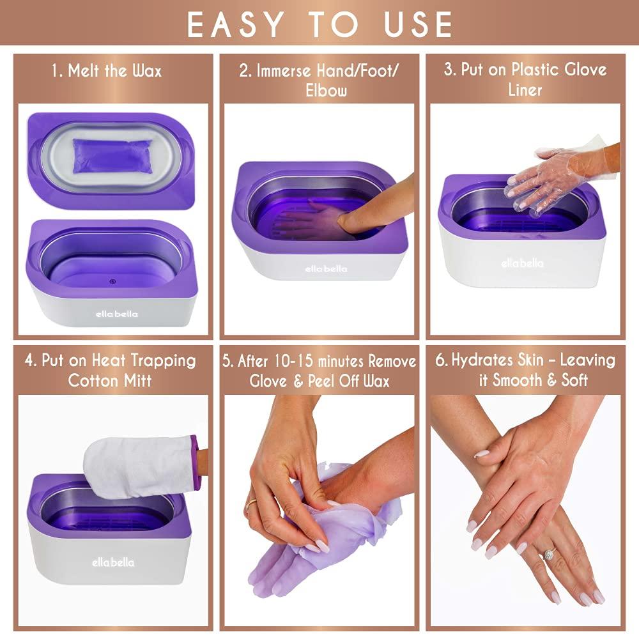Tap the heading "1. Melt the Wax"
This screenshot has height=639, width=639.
pos(106,70)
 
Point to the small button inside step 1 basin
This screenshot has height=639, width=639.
pos(113,279)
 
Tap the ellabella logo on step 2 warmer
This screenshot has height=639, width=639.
pos(325,268)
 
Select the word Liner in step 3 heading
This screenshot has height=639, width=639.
pos(525,89)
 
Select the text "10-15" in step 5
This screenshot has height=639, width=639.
pos(291,362)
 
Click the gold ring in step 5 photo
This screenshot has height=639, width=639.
pos(250,505)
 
